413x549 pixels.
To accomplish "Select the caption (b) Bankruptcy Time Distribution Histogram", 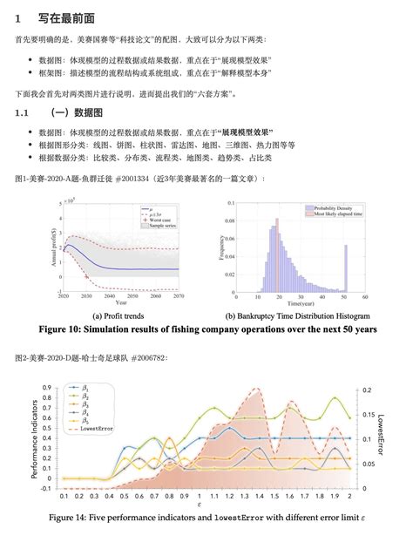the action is point(297,315).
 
